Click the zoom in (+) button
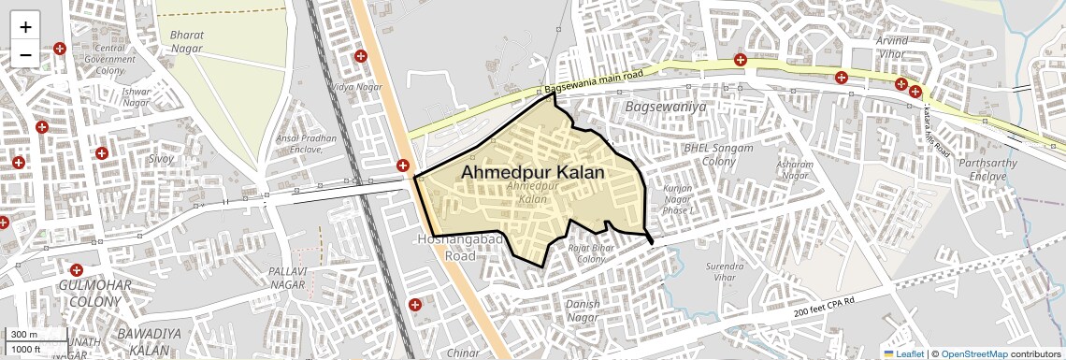click(x=25, y=26)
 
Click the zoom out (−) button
click(x=25, y=54)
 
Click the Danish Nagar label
click(x=582, y=310)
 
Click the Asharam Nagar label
click(x=794, y=169)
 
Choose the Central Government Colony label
click(x=109, y=60)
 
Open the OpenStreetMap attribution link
click(x=973, y=353)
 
